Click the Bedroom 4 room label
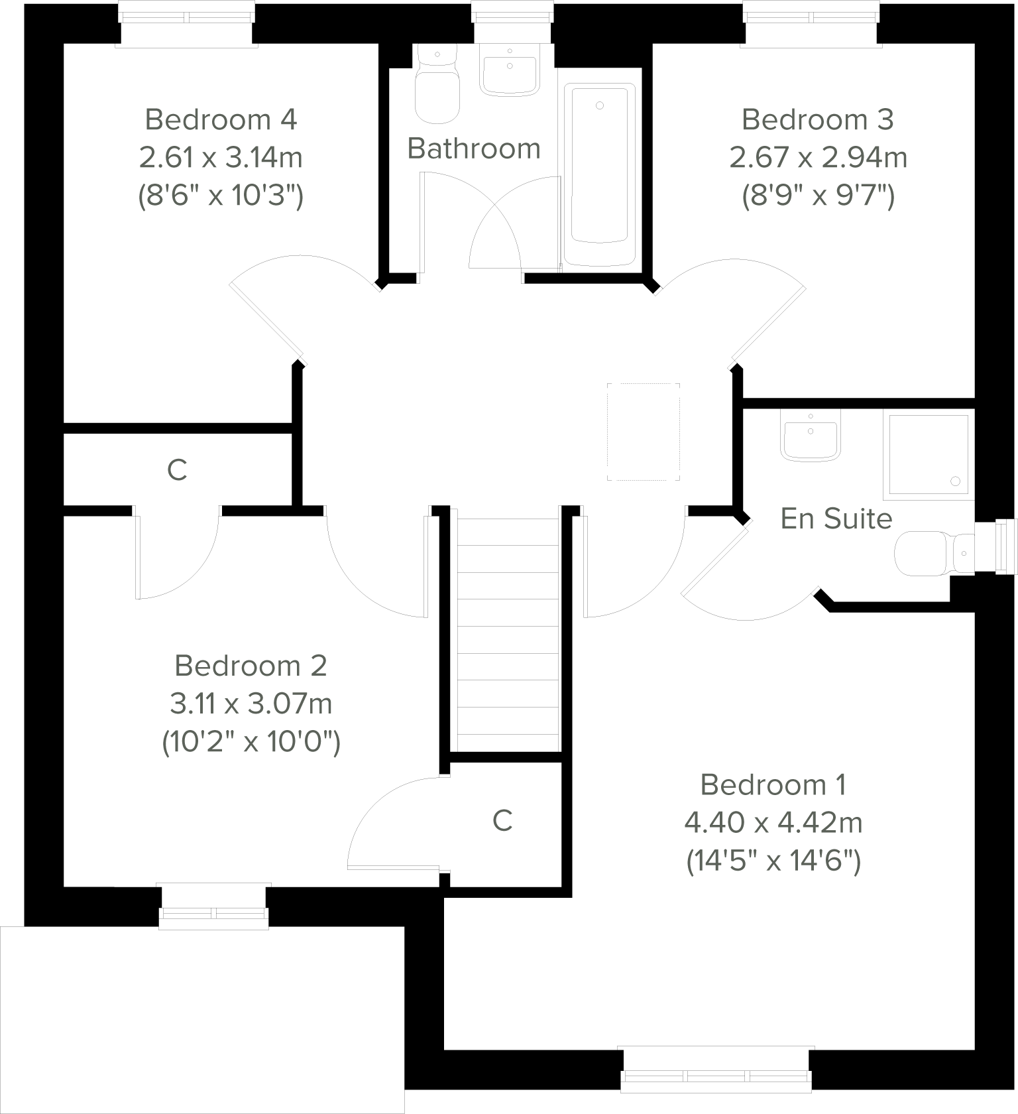point(221,120)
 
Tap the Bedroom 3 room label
point(817,120)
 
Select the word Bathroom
point(474,149)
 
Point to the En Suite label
point(836,519)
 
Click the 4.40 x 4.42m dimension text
point(773,824)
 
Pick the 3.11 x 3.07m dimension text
point(251,704)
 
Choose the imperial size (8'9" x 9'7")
point(818,196)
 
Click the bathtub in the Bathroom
point(599,174)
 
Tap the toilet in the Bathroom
point(437,90)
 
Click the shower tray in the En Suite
point(928,456)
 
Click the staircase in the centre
point(508,630)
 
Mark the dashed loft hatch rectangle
point(644,432)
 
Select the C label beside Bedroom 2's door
point(502,821)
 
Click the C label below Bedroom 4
point(177,471)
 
